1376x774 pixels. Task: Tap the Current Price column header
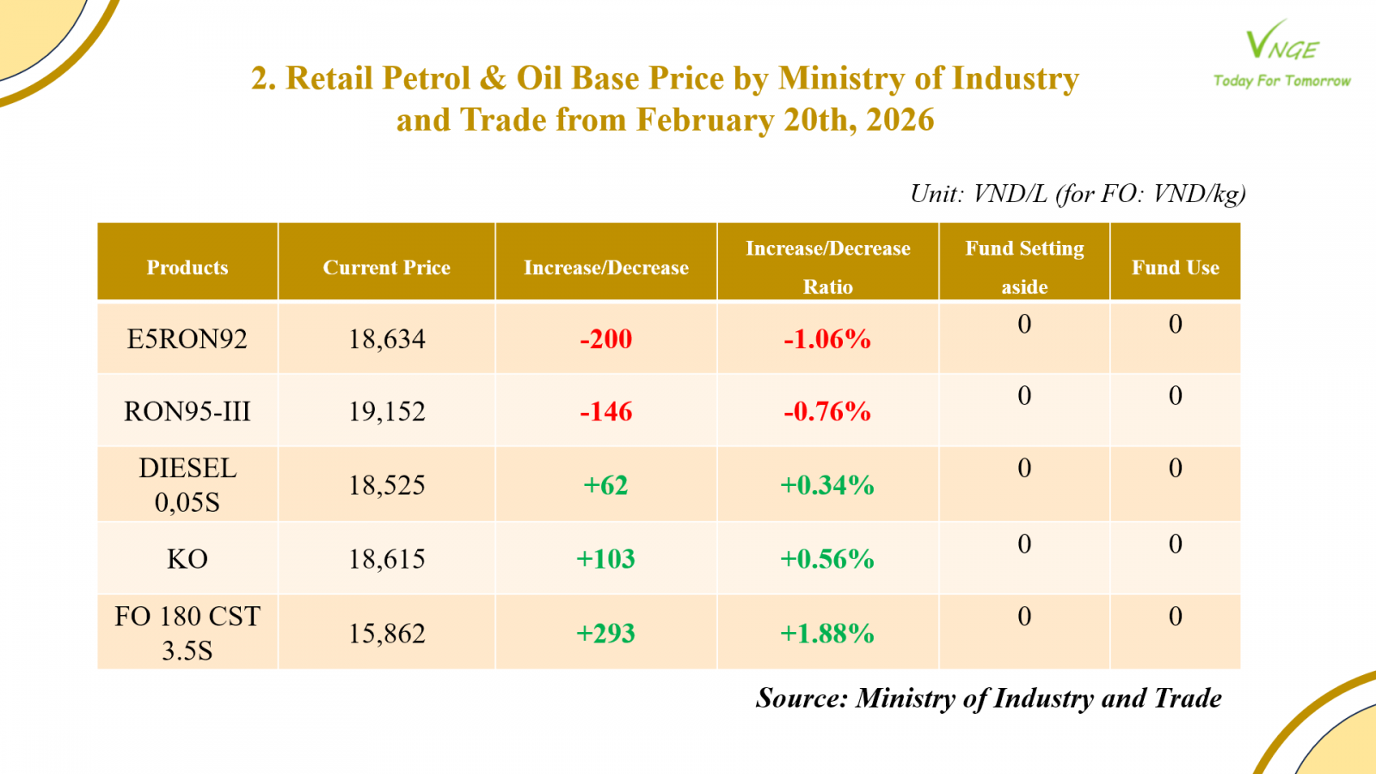[x=386, y=267]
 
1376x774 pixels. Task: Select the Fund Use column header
[x=1175, y=267]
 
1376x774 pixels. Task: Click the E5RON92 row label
[x=187, y=339]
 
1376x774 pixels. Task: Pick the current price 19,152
[x=386, y=411]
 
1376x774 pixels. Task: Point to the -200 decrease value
[x=605, y=339]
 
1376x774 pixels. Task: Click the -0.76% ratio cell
[x=827, y=411]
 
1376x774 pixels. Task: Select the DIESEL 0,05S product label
[x=187, y=485]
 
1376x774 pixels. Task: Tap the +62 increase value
[x=605, y=485]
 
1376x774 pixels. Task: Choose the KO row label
[x=187, y=559]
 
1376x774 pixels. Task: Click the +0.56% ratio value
[x=827, y=559]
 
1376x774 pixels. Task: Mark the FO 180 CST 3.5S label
[x=187, y=633]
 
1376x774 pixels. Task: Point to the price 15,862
[x=386, y=634]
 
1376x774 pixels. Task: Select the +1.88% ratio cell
[x=827, y=634]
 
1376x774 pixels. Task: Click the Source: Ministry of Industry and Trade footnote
[x=988, y=698]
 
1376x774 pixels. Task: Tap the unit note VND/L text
[x=1010, y=193]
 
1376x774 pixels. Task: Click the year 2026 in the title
[x=900, y=120]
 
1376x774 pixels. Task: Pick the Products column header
[x=187, y=267]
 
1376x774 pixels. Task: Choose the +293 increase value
[x=605, y=634]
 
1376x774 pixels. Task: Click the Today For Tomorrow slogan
[x=1281, y=81]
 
